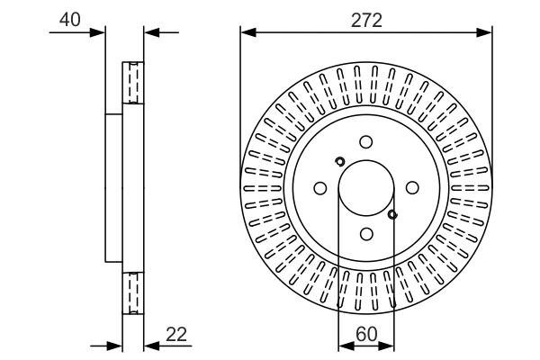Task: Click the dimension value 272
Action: click(366, 19)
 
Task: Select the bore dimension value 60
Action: click(366, 333)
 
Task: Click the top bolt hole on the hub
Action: click(365, 141)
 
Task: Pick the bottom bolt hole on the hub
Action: click(365, 234)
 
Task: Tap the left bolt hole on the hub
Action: click(319, 188)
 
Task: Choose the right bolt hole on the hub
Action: click(412, 188)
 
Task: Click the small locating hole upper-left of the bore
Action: click(339, 162)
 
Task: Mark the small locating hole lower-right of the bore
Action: click(392, 214)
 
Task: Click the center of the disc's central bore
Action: click(365, 188)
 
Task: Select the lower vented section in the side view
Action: click(133, 292)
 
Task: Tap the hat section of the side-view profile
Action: click(113, 188)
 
